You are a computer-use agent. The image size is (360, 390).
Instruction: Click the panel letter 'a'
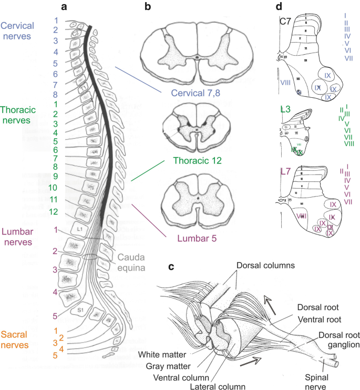point(64,7)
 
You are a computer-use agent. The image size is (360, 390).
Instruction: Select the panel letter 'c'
point(171,266)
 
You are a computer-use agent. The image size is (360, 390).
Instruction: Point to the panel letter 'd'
point(279,7)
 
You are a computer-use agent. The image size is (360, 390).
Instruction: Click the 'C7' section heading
point(285,21)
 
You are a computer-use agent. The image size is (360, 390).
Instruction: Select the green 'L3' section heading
point(285,109)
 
